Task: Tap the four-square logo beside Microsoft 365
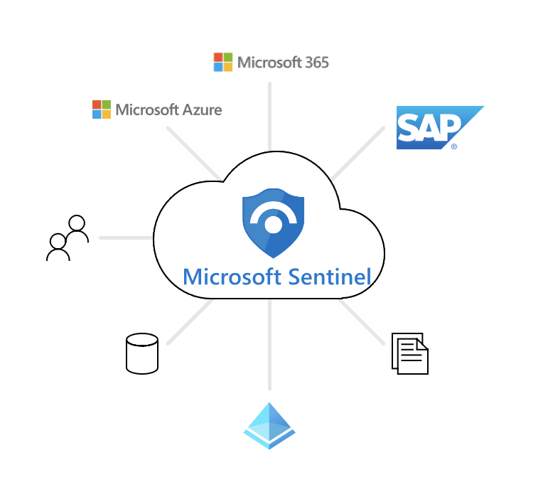coord(222,62)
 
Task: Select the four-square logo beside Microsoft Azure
coord(102,109)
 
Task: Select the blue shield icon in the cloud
coord(272,223)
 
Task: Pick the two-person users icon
coord(68,238)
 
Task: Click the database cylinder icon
coord(141,353)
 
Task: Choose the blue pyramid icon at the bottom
coord(269,426)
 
